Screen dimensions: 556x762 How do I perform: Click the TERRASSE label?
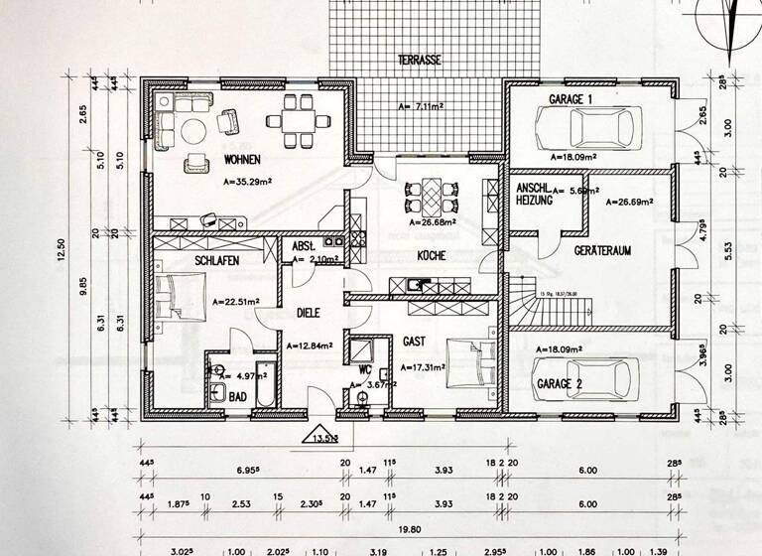[x=419, y=61]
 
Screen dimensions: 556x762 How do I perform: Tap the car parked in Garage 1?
[x=587, y=128]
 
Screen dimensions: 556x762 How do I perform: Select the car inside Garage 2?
[x=587, y=379]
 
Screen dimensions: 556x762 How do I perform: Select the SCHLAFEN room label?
[x=220, y=259]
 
